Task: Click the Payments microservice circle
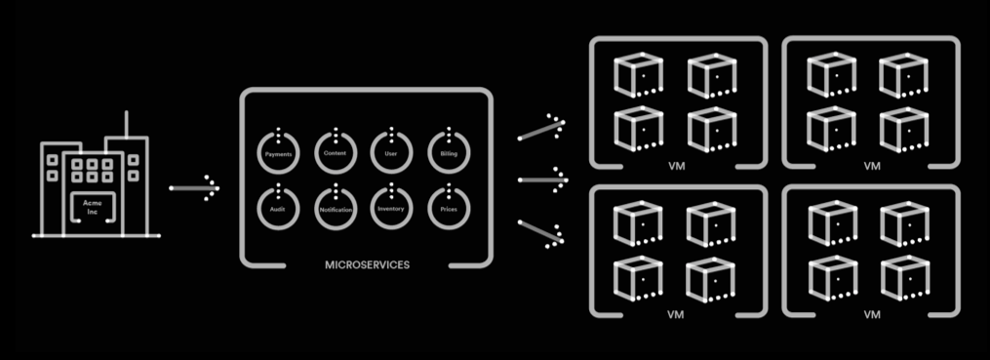(x=278, y=153)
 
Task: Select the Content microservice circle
(x=336, y=153)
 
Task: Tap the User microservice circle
(x=392, y=153)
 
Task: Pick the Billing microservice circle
(x=449, y=153)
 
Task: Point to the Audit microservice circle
(x=278, y=208)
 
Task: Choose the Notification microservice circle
(x=336, y=208)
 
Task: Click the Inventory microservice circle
(x=392, y=208)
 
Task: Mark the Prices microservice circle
(x=449, y=208)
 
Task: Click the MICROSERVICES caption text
(x=366, y=264)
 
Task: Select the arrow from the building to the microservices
(x=194, y=187)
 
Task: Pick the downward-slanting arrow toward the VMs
(x=541, y=232)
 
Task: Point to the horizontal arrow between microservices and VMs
(x=542, y=180)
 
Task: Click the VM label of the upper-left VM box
(x=677, y=166)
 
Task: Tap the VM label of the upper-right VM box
(x=871, y=166)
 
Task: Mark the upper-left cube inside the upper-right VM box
(x=828, y=74)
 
